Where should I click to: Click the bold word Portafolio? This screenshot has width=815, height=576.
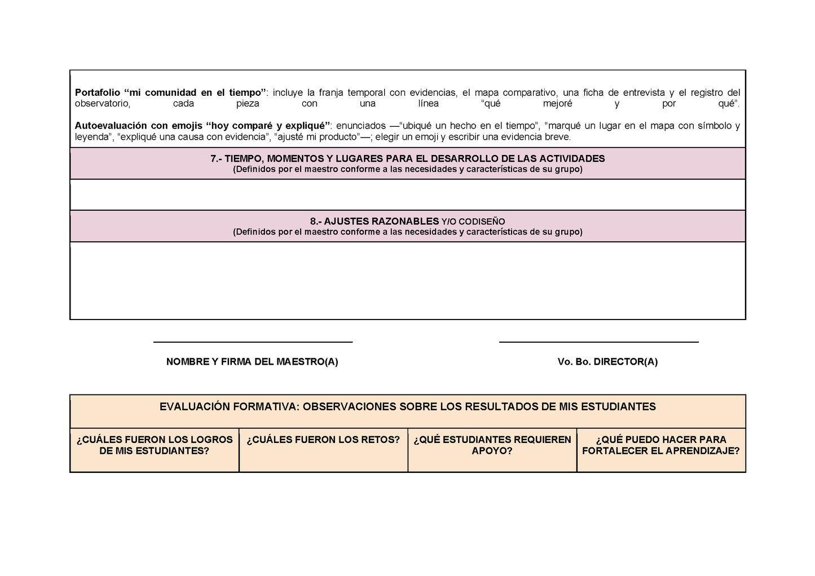(x=97, y=92)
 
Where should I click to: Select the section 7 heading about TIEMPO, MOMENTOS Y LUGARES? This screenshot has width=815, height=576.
(x=407, y=159)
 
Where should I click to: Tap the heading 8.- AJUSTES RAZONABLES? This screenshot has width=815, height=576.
(x=374, y=221)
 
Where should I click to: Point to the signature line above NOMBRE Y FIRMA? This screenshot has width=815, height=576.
(x=253, y=342)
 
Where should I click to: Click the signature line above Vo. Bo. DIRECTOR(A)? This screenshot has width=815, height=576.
(x=598, y=342)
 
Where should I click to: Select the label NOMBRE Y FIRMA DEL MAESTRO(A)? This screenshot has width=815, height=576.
(x=252, y=362)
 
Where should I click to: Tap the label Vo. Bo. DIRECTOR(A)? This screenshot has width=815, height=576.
(x=607, y=362)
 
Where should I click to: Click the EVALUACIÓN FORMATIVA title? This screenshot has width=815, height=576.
(x=407, y=407)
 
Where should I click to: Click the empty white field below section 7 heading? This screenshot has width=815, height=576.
(x=407, y=194)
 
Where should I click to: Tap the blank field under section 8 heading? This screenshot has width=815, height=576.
(x=407, y=280)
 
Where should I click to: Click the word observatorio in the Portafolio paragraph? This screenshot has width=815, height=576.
(x=102, y=104)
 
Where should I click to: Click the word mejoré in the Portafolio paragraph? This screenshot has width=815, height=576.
(x=557, y=104)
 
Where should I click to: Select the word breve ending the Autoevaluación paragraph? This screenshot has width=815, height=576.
(x=557, y=137)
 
